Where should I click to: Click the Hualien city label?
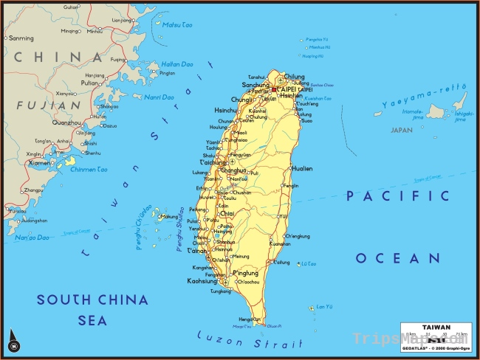pyautogui.click(x=302, y=169)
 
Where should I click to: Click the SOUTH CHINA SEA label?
pyautogui.click(x=92, y=310)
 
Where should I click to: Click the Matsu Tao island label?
pyautogui.click(x=176, y=24)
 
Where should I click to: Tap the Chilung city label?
pyautogui.click(x=294, y=76)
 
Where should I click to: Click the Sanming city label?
pyautogui.click(x=21, y=38)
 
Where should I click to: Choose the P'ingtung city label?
pyautogui.click(x=245, y=274)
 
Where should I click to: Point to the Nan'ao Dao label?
pyautogui.click(x=32, y=238)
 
